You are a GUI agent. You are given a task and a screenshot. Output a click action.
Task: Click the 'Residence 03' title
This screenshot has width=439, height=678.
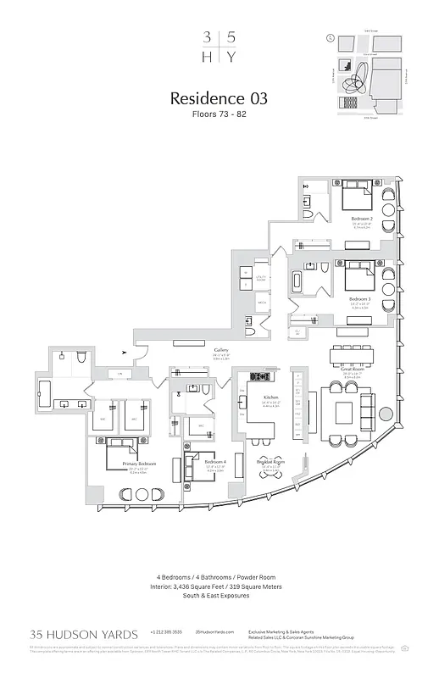click(x=219, y=98)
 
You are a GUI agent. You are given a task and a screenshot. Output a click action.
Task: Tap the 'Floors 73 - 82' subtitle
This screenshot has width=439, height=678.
click(x=219, y=114)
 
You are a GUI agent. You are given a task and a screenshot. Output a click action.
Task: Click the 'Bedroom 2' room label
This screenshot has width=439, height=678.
click(x=363, y=218)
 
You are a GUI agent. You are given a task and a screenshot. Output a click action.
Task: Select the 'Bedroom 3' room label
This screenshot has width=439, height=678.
click(x=360, y=298)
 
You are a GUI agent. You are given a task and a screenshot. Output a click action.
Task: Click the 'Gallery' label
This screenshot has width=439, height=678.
click(x=221, y=350)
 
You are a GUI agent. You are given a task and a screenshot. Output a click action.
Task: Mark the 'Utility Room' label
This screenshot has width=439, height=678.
click(x=260, y=278)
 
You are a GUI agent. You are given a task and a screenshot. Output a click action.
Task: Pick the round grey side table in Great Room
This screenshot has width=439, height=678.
click(x=386, y=415)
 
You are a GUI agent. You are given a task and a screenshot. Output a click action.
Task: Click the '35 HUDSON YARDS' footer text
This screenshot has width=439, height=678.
click(x=79, y=633)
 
